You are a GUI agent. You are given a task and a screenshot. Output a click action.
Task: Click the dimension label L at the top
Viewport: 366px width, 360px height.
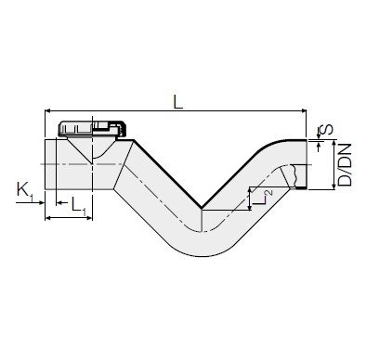(x=177, y=102)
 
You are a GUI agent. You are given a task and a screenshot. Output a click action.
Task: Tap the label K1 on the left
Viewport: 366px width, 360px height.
(x=25, y=191)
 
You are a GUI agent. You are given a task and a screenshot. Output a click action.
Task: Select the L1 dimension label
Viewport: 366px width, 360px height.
(x=78, y=206)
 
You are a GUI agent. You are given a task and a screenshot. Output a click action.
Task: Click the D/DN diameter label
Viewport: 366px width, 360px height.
(x=345, y=164)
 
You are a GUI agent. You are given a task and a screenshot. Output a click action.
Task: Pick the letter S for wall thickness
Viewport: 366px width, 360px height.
(x=326, y=129)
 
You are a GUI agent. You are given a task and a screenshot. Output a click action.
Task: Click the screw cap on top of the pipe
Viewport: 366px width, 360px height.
(x=92, y=129)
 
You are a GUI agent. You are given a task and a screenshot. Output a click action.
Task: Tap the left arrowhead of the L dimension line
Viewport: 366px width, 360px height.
(x=47, y=110)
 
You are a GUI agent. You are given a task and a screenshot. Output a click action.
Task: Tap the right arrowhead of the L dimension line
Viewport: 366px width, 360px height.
(x=304, y=110)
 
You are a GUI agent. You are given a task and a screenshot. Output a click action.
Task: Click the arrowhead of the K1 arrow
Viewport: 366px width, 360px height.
(x=42, y=203)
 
